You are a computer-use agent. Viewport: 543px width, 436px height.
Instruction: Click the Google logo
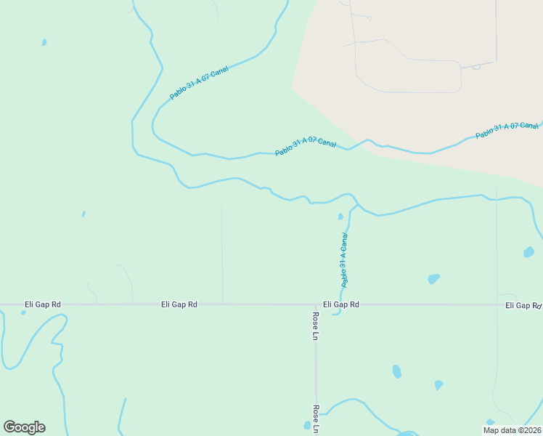[x=24, y=427]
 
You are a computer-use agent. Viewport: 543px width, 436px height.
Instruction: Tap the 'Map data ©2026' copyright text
[x=511, y=430]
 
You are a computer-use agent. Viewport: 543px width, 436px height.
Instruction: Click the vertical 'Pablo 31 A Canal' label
[x=345, y=259]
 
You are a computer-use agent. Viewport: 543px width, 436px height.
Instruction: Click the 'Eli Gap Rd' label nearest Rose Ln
[x=340, y=305]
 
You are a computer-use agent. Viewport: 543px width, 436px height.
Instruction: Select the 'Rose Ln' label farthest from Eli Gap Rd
[x=316, y=419]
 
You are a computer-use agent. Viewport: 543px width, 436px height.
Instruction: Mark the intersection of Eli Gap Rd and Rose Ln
[x=316, y=305]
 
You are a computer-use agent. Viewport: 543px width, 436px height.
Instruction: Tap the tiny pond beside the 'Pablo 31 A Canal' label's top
[x=340, y=216]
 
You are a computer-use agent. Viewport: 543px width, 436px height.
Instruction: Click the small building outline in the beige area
[x=476, y=67]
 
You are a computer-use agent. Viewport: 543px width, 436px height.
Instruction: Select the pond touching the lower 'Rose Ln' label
[x=307, y=425]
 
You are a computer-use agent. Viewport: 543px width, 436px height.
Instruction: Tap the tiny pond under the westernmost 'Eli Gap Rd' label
[x=23, y=313]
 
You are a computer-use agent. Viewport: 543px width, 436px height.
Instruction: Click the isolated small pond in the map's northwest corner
[x=44, y=42]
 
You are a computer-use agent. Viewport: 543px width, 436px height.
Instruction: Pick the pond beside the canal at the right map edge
[x=528, y=253]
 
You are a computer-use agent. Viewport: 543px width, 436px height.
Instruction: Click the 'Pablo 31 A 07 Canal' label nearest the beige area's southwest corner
[x=305, y=148]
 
